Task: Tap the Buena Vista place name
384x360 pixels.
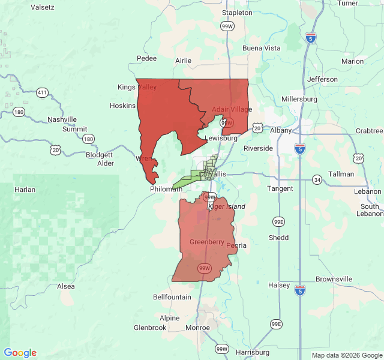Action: tap(261, 48)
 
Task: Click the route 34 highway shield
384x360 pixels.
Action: tap(317, 180)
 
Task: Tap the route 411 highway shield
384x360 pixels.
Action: tap(41, 92)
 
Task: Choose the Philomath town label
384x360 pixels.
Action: tap(166, 189)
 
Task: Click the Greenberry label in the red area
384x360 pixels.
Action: tap(207, 242)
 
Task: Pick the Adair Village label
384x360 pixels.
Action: tap(232, 110)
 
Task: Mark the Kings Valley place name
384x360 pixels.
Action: tap(137, 87)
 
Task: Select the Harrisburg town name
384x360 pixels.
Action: tap(253, 352)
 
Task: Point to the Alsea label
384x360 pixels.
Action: tap(66, 286)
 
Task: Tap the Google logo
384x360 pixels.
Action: tap(20, 353)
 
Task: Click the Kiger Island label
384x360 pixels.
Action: tap(227, 206)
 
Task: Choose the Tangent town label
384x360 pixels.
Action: tap(280, 188)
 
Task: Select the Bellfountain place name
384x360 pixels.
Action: tap(172, 297)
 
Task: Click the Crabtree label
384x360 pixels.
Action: tap(369, 131)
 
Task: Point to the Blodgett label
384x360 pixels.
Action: tap(100, 154)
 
